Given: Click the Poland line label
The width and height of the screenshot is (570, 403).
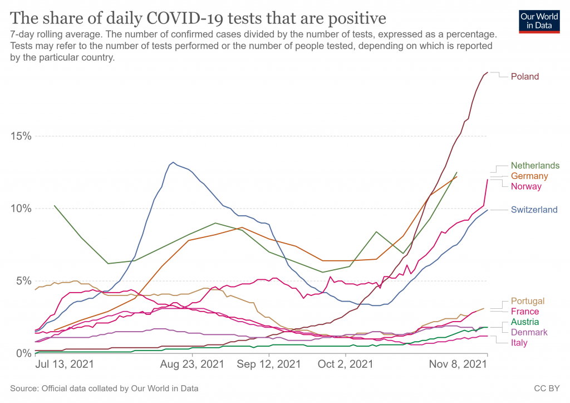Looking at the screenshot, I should click(x=525, y=76).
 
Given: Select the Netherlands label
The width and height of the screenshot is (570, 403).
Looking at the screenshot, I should click(x=535, y=166).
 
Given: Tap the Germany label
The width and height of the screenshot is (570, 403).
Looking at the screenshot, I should click(x=530, y=176).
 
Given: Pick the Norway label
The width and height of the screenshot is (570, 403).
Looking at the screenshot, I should click(x=526, y=186).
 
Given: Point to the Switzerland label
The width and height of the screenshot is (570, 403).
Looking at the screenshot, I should click(x=534, y=210).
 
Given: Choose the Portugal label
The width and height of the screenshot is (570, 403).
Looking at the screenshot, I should click(x=528, y=301).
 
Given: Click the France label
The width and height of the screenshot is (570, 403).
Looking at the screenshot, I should click(x=524, y=312).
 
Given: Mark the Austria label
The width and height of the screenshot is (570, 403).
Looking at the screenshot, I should click(x=525, y=322).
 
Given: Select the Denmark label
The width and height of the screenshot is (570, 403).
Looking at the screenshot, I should click(x=529, y=332).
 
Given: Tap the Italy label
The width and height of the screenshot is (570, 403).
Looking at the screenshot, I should click(x=519, y=343).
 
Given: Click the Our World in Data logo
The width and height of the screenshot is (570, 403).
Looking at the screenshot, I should click(x=539, y=21).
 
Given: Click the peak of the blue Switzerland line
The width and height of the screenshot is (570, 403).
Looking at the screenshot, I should click(x=174, y=162).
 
